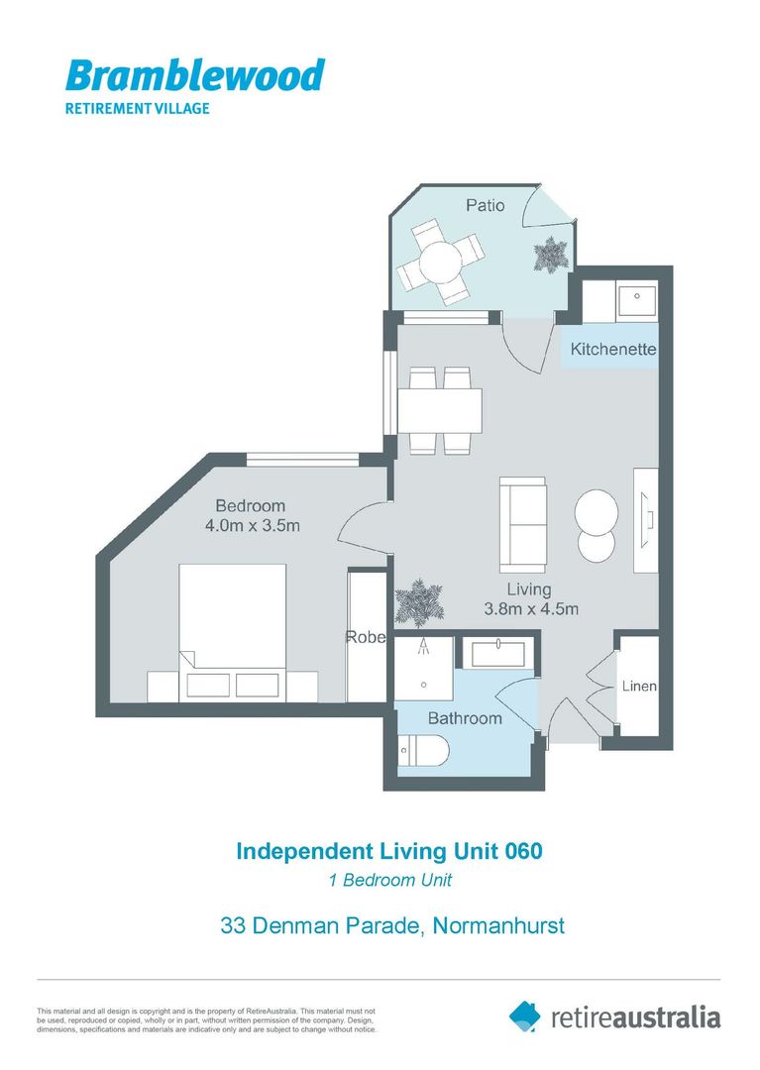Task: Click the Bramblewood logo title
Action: tap(194, 75)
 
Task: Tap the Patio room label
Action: tap(486, 205)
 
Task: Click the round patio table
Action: tap(440, 263)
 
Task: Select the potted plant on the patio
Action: tap(549, 255)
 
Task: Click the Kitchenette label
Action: tap(613, 350)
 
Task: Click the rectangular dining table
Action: tap(439, 409)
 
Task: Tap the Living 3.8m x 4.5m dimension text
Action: tap(530, 599)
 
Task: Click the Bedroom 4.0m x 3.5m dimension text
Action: tap(252, 516)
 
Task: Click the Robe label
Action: tap(364, 637)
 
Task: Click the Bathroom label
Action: tap(464, 717)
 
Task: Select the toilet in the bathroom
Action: tap(422, 753)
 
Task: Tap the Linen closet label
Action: tap(638, 687)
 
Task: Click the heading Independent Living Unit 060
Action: tap(388, 851)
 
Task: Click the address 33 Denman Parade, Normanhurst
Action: tap(391, 926)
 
